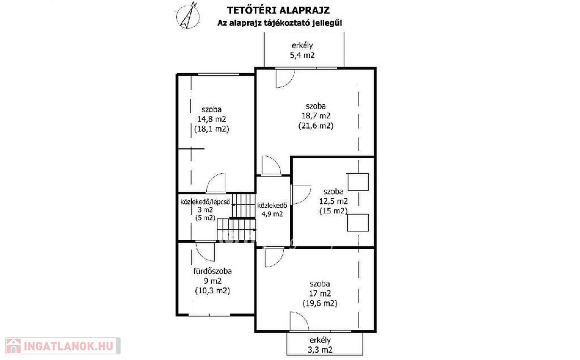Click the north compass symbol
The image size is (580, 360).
(188, 15)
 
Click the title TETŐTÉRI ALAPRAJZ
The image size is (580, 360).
(278, 10)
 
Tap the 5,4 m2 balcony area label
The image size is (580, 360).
(302, 55)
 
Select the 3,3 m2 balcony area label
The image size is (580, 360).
(320, 350)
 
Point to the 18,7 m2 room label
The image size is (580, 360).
(315, 115)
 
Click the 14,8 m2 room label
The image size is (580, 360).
(212, 119)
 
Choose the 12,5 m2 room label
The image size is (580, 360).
(333, 201)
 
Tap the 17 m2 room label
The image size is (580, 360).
(320, 293)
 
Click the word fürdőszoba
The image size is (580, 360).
(213, 271)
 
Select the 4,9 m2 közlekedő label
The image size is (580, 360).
(272, 213)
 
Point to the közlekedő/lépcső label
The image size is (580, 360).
(206, 202)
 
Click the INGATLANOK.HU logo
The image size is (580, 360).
(62, 346)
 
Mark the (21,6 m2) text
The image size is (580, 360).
(316, 126)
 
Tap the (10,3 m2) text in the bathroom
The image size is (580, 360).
(213, 290)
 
